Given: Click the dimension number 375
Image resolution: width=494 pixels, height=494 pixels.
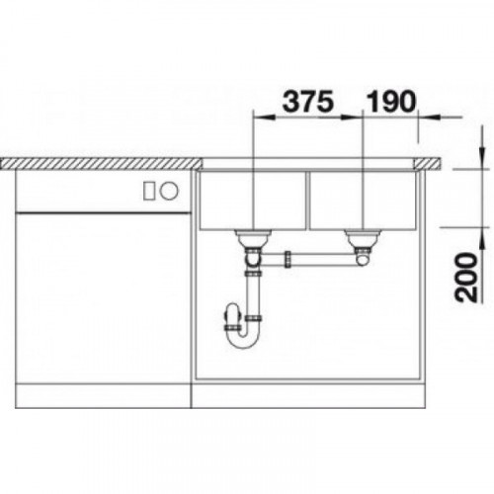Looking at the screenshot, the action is [308, 101].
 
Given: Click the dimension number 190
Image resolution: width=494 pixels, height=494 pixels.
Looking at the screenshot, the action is [391, 101].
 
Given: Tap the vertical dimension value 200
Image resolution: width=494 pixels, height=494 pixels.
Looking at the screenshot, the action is [466, 278].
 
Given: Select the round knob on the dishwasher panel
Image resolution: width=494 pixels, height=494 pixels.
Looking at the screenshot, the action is [169, 191].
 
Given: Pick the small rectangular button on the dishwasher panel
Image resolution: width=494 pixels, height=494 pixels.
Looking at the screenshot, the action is [148, 191].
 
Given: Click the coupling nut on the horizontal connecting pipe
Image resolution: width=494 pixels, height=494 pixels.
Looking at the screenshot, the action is [288, 259].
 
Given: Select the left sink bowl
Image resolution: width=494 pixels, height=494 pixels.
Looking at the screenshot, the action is [253, 201].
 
